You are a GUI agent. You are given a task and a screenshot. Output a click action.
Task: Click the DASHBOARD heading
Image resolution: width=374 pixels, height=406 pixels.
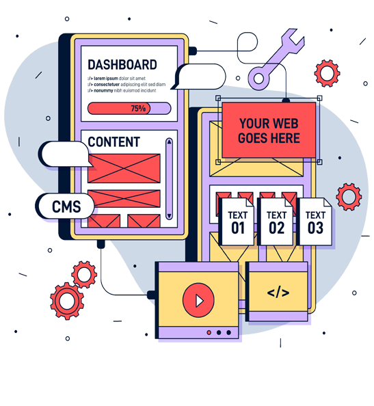[122, 65]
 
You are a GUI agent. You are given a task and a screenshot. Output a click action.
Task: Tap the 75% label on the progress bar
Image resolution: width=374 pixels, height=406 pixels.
[138, 108]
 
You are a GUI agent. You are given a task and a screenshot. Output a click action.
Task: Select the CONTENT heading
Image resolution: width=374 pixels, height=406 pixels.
[114, 142]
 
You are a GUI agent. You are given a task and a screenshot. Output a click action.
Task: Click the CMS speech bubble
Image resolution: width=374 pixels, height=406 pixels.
[65, 206]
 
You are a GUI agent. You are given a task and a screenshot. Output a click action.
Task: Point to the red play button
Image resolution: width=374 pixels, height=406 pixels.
[198, 300]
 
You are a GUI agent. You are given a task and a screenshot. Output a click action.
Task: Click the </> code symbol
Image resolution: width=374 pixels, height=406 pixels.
[278, 293]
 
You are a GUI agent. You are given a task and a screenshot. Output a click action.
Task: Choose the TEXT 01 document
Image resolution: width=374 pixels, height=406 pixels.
[237, 221]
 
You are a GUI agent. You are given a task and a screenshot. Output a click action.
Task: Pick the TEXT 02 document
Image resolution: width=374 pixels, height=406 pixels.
[276, 221]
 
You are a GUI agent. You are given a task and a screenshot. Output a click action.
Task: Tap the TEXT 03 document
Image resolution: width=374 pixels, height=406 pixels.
[315, 221]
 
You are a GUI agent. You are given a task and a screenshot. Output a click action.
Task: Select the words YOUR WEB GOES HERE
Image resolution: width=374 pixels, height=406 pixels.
[269, 131]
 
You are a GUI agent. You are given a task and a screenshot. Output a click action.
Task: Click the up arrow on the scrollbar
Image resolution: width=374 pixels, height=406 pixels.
[169, 141]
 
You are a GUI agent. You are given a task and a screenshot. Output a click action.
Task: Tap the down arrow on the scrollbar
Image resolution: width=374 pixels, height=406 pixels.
[169, 215]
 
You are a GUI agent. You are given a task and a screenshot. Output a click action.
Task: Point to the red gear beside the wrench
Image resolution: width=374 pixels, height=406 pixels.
[327, 73]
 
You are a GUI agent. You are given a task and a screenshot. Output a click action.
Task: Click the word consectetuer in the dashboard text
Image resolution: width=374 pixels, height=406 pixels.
[107, 85]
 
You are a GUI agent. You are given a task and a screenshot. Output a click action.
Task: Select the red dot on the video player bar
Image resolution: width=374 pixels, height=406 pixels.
[209, 332]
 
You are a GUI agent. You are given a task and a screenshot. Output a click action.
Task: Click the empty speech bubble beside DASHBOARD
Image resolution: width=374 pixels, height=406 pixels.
[198, 77]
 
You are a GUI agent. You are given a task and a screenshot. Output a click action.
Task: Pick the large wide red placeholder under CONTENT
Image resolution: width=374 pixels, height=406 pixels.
[124, 169]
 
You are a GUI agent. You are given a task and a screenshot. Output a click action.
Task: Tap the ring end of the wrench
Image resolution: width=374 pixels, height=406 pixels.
[258, 79]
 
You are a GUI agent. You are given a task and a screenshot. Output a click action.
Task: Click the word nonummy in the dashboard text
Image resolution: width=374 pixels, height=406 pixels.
[103, 91]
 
